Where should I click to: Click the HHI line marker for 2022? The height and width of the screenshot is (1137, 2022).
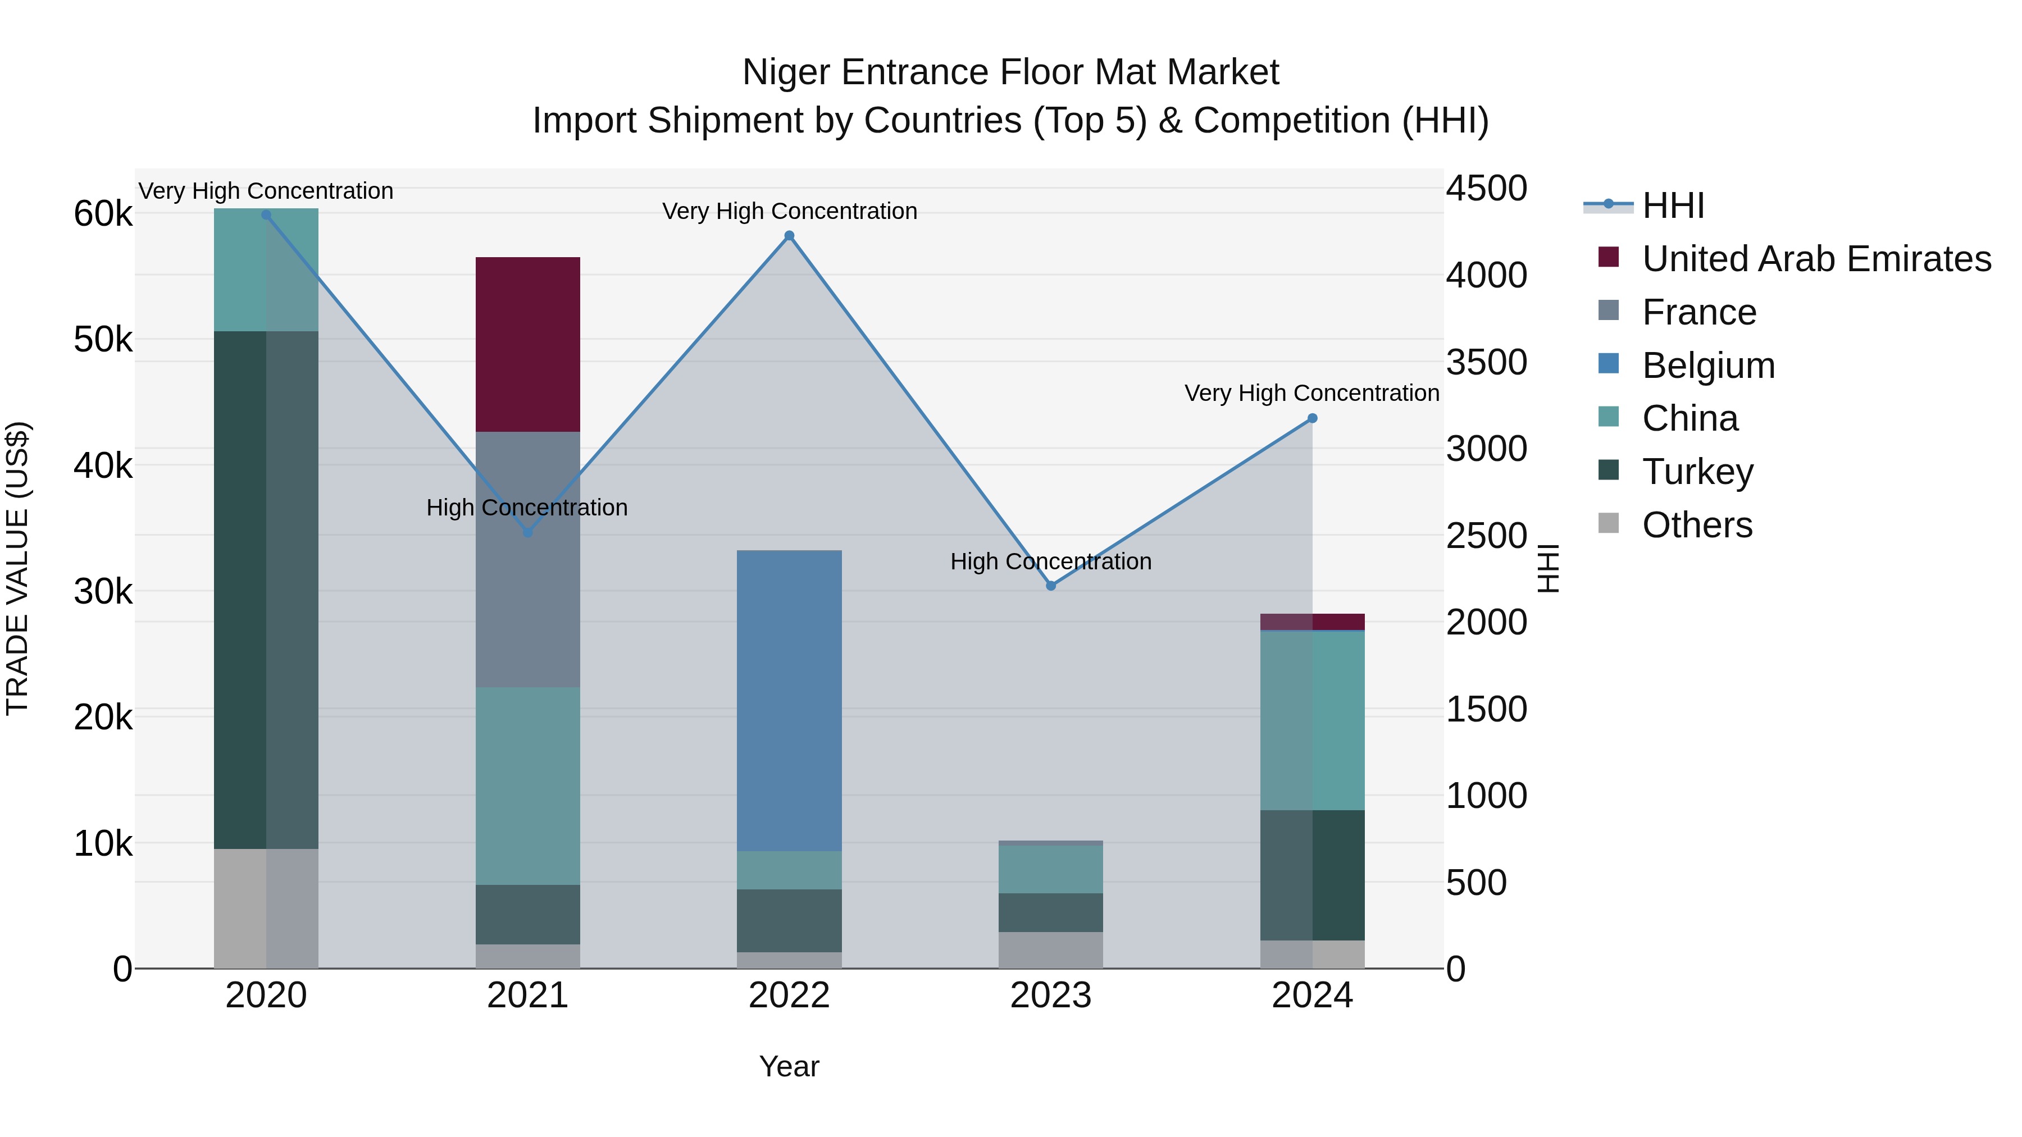tap(790, 235)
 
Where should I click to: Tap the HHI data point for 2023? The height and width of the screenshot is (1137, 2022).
tap(1051, 586)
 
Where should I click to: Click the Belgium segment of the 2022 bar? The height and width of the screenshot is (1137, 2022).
tap(790, 700)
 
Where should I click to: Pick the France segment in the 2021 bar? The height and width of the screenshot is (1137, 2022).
tap(527, 559)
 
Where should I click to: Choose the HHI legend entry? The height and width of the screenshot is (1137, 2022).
tap(1673, 206)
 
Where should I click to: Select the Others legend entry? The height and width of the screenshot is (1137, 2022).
tap(1696, 525)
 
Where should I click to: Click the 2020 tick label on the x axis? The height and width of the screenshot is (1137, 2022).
tap(266, 996)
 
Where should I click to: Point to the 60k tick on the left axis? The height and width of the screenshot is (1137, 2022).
tap(103, 213)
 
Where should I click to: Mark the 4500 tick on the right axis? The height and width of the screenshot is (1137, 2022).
tap(1486, 188)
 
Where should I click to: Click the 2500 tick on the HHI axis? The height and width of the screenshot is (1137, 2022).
tap(1486, 536)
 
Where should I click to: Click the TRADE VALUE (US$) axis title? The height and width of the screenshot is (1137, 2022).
tap(18, 568)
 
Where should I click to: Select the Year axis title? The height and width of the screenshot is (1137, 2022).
tap(789, 1066)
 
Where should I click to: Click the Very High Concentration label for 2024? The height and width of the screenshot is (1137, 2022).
tap(1311, 392)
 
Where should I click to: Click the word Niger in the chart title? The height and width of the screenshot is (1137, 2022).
tap(786, 72)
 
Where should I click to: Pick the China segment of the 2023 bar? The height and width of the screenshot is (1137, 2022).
tap(1051, 869)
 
